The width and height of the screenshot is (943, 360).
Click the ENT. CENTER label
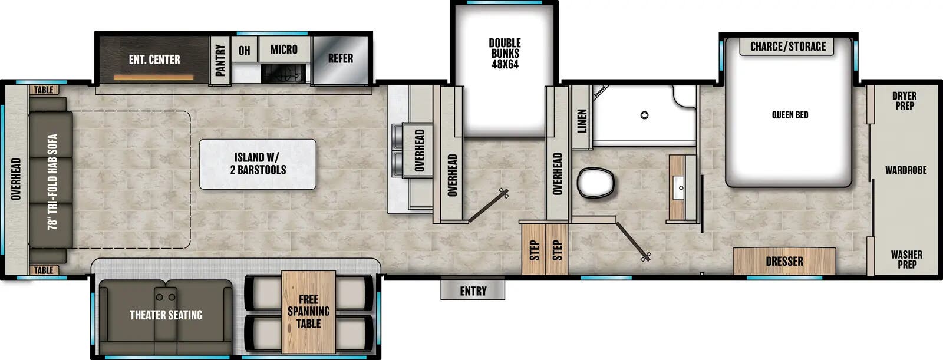154,60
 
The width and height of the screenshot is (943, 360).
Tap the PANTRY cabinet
220,60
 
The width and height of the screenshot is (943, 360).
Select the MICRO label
283,50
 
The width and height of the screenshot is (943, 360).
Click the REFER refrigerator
341,58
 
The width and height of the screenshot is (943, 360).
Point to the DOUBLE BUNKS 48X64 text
505,54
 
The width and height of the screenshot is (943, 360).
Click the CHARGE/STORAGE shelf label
787,47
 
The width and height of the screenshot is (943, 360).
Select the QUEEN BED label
790,115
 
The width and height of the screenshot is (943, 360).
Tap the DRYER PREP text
904,101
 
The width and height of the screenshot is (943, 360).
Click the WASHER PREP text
906,259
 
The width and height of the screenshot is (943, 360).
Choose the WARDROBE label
906,170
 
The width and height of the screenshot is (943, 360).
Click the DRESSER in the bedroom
784,261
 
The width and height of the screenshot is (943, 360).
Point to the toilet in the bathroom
596,182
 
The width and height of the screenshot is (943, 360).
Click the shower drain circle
645,115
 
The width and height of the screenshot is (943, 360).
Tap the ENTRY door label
473,290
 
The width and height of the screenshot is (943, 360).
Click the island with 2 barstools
258,164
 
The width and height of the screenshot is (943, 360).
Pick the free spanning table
308,312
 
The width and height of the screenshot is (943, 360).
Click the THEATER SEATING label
166,315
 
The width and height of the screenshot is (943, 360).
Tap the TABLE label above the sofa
44,90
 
